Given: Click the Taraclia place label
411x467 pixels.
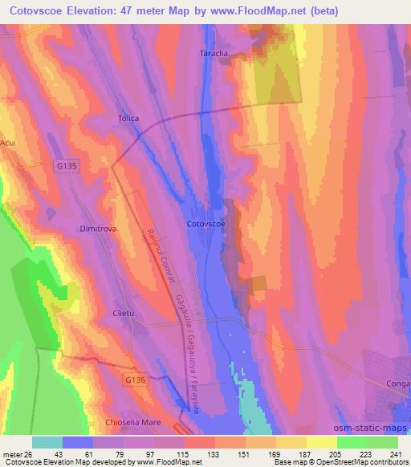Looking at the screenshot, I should point(214,54).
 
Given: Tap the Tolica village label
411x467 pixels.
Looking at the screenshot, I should point(128,119).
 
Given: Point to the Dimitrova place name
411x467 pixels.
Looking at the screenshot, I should point(99,229).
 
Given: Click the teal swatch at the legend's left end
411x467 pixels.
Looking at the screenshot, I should point(47,441).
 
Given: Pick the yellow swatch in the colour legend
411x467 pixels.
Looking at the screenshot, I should point(321,441).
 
